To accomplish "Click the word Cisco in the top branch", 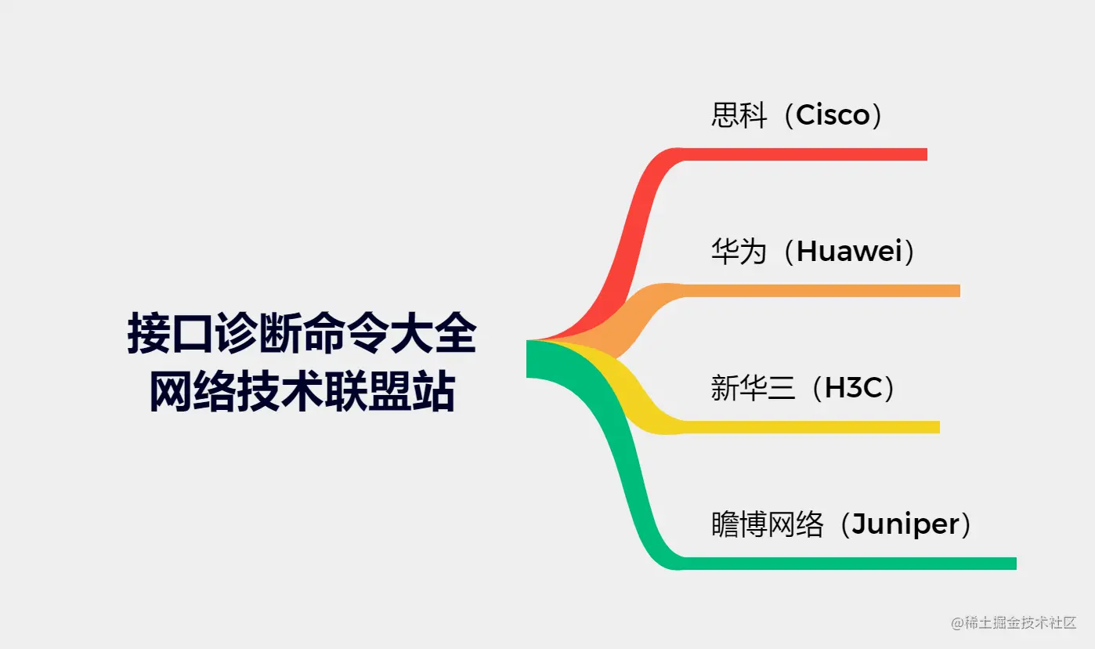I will [x=833, y=116].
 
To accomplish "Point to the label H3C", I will [x=848, y=389].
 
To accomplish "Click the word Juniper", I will [x=905, y=524].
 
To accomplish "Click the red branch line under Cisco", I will [x=807, y=154].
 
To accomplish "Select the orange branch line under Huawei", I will [x=822, y=291].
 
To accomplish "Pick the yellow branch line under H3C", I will [x=815, y=427].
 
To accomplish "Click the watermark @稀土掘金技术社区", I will [x=1014, y=623].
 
